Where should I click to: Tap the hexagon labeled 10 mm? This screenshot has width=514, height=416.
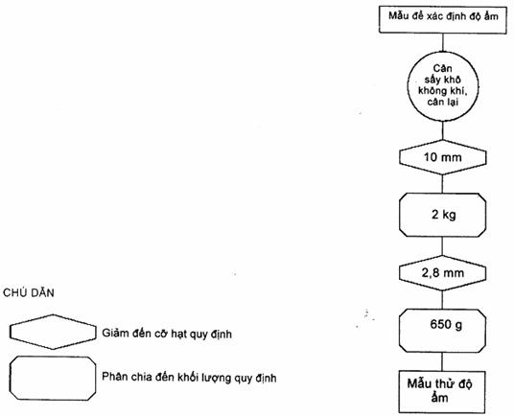click(x=442, y=157)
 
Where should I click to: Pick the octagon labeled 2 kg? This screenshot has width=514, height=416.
click(x=442, y=215)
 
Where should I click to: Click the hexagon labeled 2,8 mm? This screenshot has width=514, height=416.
click(x=442, y=273)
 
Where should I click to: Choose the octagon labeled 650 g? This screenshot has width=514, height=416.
click(x=442, y=331)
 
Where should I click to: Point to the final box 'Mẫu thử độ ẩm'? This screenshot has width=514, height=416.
click(x=442, y=392)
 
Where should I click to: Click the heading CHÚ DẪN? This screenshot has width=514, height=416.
click(x=29, y=292)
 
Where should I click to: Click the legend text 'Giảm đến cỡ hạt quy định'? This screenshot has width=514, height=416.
click(x=167, y=334)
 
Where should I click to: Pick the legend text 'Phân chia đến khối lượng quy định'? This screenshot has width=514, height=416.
click(x=189, y=378)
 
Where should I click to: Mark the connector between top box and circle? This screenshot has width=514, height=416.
click(x=443, y=42)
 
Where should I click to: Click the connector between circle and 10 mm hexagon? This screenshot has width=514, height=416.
click(x=443, y=130)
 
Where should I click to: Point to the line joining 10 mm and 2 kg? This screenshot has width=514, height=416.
click(x=442, y=184)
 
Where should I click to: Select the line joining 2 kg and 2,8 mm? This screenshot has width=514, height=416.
click(x=442, y=246)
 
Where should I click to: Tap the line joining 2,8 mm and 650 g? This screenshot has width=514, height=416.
click(x=442, y=300)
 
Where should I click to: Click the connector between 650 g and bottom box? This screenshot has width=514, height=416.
click(x=442, y=361)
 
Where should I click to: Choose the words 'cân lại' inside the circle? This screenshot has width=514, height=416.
click(x=442, y=103)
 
